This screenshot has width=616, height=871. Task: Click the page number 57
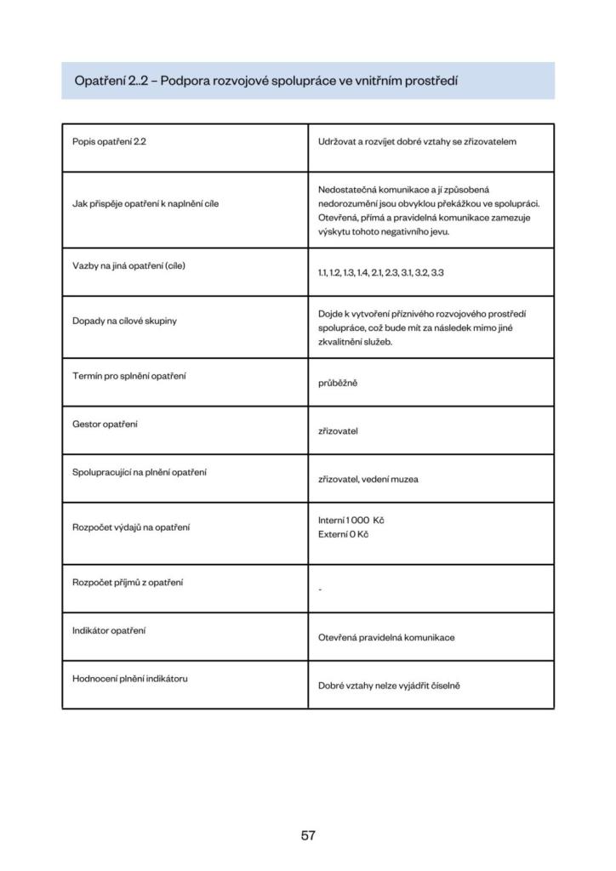point(308,835)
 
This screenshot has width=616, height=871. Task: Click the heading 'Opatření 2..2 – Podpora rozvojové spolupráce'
point(266,81)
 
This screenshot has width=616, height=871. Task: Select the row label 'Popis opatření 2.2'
point(110,141)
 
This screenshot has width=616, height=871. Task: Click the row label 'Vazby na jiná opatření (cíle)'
point(128,265)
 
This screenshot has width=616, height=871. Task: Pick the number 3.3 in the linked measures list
point(437,272)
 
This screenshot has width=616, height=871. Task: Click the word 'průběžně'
point(338,383)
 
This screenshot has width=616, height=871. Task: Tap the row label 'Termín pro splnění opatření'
point(129,376)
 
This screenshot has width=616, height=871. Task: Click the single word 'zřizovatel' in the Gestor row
point(338,430)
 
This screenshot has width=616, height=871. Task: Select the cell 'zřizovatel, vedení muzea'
point(368,479)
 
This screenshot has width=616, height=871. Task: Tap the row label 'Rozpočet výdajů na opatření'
point(131,527)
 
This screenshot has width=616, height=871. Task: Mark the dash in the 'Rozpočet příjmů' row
point(320,589)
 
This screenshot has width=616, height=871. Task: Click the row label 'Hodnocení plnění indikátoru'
point(130,678)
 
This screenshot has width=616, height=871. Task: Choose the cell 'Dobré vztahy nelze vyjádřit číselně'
point(389,685)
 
